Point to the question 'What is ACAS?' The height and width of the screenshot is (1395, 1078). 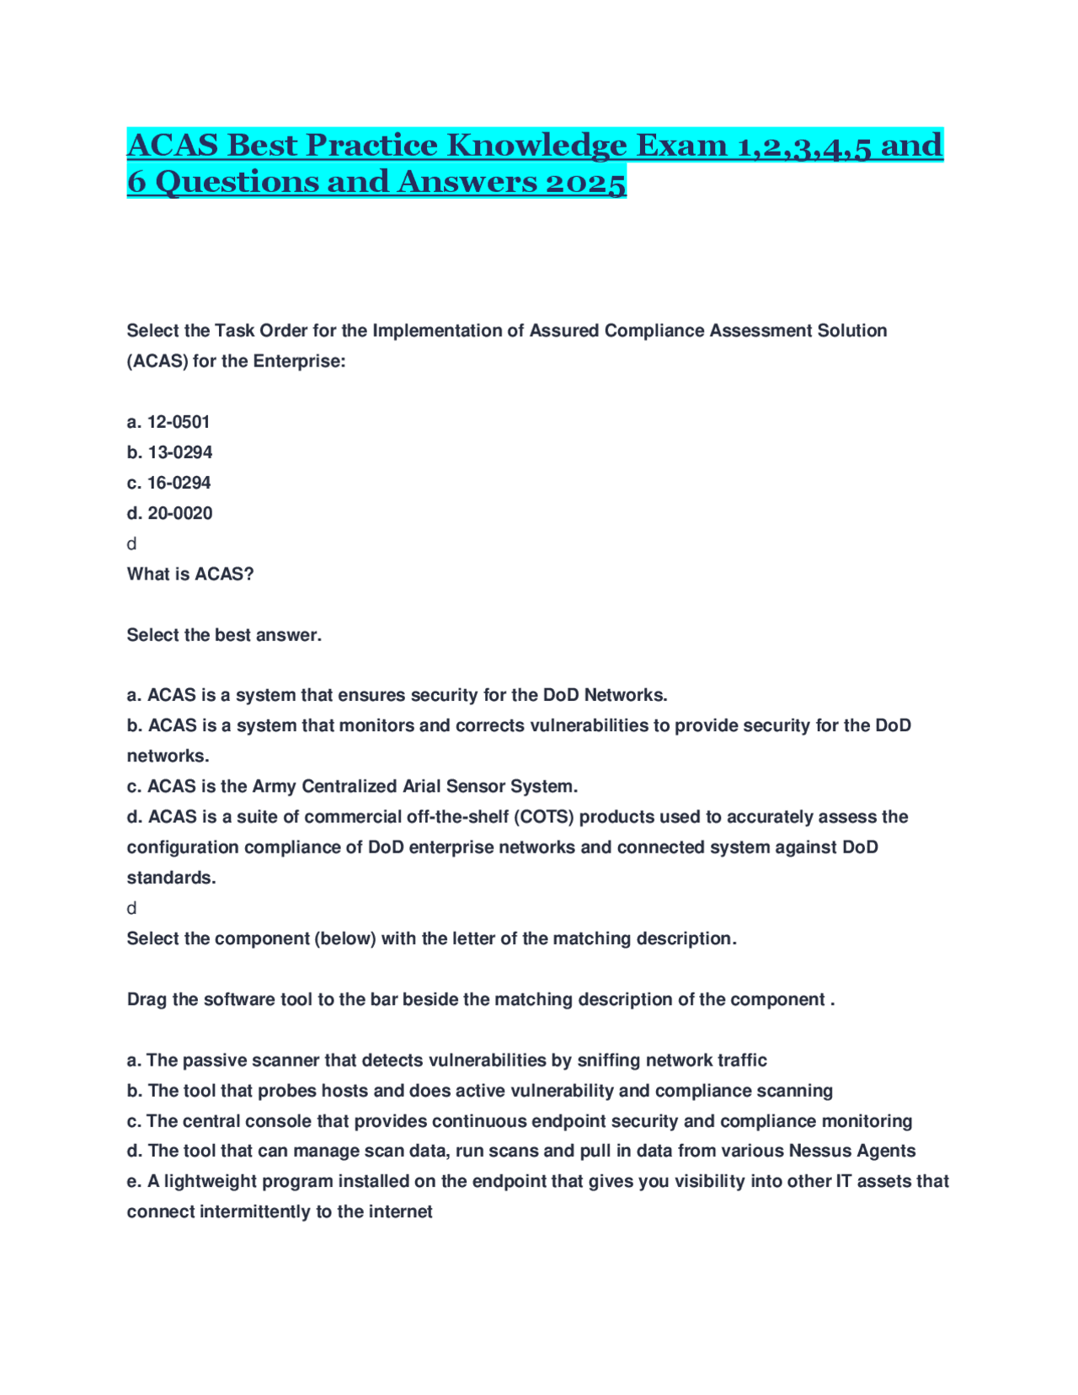coord(189,574)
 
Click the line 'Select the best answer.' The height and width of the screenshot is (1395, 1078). coord(224,635)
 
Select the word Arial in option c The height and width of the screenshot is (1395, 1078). coord(419,786)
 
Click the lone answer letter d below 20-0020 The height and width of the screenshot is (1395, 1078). coord(131,544)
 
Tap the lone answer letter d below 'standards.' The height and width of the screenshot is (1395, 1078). coord(131,908)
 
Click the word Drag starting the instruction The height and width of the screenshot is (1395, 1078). coord(147,999)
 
